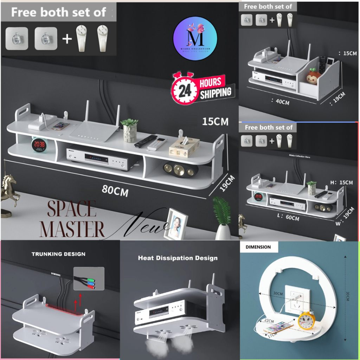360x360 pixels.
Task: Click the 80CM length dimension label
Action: coord(115,191)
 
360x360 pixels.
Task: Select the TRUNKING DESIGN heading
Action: coord(58,254)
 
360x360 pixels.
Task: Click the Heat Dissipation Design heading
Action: coord(178,258)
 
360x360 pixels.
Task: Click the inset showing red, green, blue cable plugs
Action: coord(89,278)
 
